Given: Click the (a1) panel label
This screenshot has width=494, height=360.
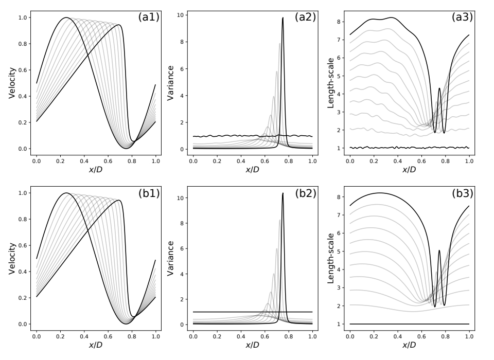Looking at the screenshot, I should [x=149, y=17].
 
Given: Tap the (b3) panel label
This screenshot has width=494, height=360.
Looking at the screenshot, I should [x=462, y=193].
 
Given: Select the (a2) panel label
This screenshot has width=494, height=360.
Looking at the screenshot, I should [x=305, y=17].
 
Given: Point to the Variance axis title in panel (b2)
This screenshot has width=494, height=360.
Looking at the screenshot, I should [x=172, y=259].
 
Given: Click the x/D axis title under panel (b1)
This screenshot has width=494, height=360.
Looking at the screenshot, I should [x=96, y=345].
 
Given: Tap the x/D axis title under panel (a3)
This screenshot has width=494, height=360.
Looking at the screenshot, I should [x=410, y=169].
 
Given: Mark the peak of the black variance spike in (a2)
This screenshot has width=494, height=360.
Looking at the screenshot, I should [x=283, y=18].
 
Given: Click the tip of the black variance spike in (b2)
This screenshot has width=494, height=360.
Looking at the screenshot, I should [x=283, y=193].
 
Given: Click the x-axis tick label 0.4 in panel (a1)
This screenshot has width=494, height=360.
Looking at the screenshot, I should [x=84, y=160].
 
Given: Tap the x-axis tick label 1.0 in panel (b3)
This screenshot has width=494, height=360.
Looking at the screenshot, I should [x=469, y=336].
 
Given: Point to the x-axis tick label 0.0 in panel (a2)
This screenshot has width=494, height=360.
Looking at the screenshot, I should [x=193, y=160].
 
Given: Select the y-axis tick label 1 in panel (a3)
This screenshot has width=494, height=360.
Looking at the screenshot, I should [x=340, y=148].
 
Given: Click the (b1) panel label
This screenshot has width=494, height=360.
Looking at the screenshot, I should [x=149, y=193].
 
